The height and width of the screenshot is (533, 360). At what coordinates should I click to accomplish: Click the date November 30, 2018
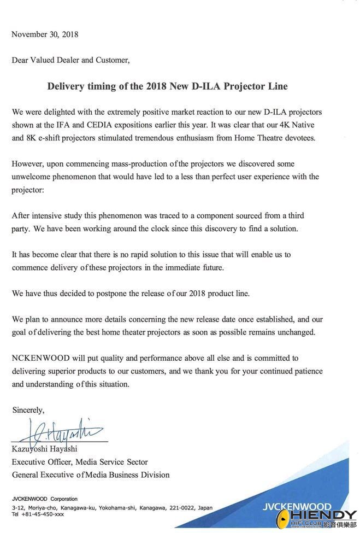45,34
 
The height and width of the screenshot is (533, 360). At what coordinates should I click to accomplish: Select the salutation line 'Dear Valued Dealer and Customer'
70,60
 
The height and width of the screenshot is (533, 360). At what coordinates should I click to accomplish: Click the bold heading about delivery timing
167,86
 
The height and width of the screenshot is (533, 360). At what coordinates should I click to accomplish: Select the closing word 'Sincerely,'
28,410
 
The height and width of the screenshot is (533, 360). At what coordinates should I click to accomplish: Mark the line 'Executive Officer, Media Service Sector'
80,462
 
